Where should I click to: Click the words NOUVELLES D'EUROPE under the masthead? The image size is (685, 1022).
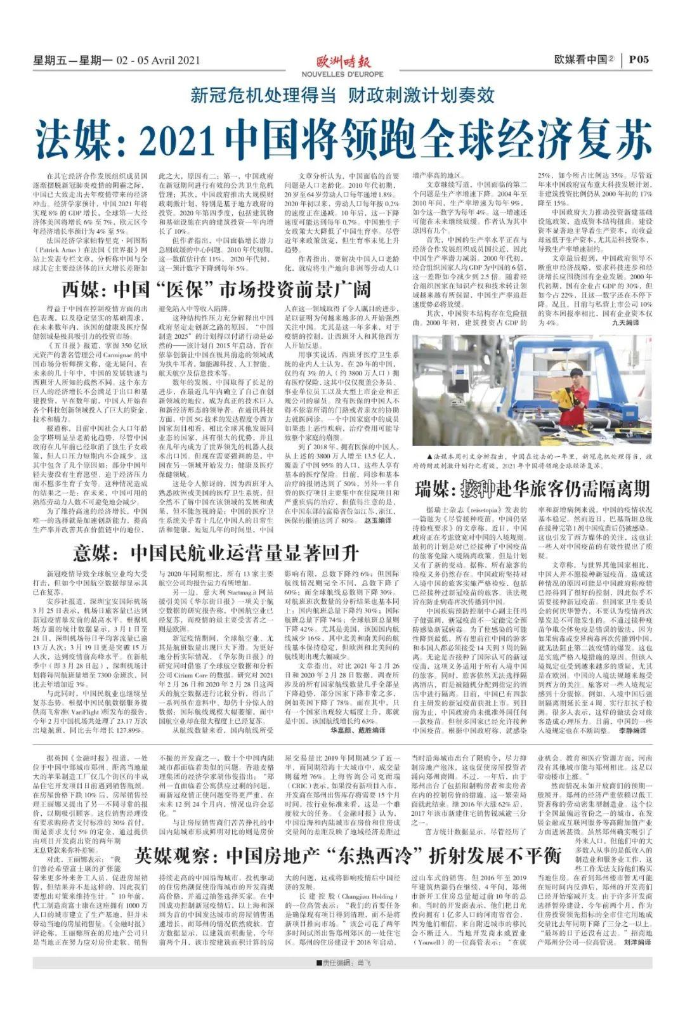342,74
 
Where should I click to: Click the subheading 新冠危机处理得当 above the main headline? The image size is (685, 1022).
263,95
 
